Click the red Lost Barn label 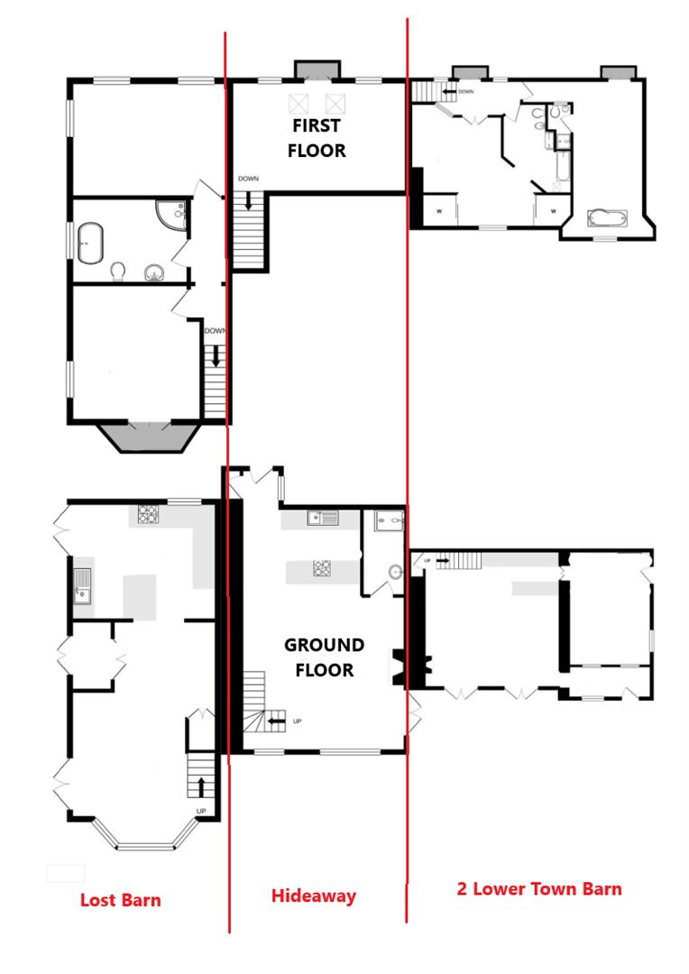click(120, 899)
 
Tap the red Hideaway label click(314, 896)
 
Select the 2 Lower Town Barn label click(538, 888)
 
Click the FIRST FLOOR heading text click(316, 137)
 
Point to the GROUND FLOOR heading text click(325, 657)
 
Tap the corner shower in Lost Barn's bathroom click(170, 214)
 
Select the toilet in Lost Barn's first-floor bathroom click(117, 271)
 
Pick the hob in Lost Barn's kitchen click(148, 515)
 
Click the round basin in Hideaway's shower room click(396, 571)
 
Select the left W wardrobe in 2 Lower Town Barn click(439, 211)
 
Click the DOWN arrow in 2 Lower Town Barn click(448, 91)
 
